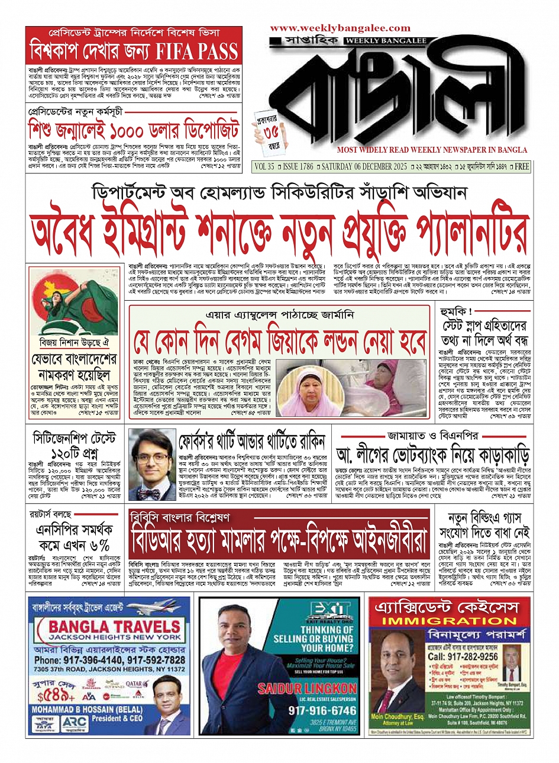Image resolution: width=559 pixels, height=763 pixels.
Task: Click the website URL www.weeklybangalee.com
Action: pos(340,28)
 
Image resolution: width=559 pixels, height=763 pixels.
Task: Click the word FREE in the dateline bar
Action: pos(521,167)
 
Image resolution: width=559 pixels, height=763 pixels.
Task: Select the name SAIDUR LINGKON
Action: pos(307,689)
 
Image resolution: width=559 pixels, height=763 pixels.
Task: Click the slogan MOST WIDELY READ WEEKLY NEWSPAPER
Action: pos(432,150)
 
